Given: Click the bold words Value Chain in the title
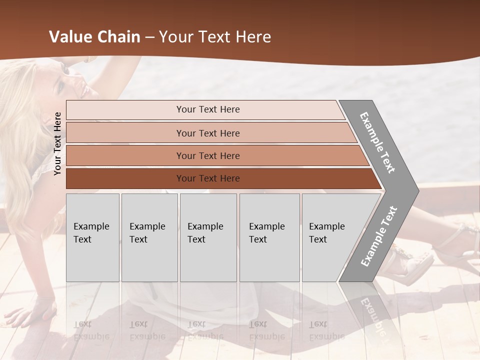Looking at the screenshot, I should click(94, 37).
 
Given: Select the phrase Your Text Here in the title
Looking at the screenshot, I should click(215, 37).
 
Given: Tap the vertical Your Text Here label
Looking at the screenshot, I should click(57, 143).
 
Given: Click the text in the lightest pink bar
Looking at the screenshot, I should click(208, 109).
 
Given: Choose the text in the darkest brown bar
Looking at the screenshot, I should click(208, 178).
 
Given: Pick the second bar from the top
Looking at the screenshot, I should click(208, 133).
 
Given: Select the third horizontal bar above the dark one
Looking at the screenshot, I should click(208, 155).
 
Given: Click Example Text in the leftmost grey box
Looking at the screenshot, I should click(91, 233).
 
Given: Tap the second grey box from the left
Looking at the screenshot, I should click(149, 237).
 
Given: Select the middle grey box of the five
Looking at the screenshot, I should click(208, 237).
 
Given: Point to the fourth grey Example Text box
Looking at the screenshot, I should click(269, 237).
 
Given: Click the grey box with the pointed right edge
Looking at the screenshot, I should click(335, 237).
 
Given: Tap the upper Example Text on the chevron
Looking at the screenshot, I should click(378, 142).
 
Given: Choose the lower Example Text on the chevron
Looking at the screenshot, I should click(379, 236).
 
